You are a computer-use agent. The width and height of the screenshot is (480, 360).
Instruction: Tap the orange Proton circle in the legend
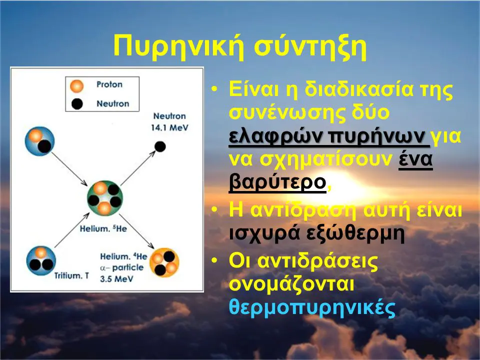click(x=76, y=86)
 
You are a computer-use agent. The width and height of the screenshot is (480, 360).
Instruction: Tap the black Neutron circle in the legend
click(x=77, y=104)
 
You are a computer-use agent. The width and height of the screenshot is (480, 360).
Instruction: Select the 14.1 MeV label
click(x=169, y=127)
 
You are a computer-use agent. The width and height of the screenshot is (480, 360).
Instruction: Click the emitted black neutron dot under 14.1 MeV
click(x=160, y=146)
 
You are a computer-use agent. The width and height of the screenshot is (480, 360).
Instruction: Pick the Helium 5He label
click(x=103, y=228)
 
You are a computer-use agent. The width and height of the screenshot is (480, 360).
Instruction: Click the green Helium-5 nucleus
click(x=104, y=198)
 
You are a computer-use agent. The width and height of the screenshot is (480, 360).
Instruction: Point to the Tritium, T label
click(x=71, y=276)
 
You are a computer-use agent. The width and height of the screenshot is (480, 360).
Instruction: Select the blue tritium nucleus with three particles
click(x=41, y=261)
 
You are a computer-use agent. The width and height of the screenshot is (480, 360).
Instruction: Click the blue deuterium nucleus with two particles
click(x=40, y=141)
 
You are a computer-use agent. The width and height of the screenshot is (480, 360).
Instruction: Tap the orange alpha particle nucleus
click(x=164, y=262)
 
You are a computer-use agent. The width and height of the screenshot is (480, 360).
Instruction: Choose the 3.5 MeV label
click(x=116, y=279)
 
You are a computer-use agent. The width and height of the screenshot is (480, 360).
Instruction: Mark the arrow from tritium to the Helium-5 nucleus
click(x=72, y=230)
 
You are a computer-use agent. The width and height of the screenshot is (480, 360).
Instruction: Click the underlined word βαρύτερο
click(x=277, y=182)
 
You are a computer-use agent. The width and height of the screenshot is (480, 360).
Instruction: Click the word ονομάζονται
click(x=291, y=284)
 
